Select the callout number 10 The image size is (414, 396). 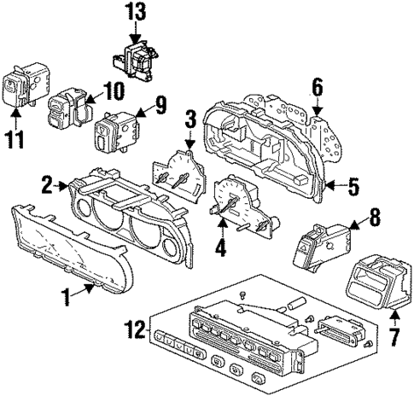coord(113,90)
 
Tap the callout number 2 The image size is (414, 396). coord(48,182)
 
